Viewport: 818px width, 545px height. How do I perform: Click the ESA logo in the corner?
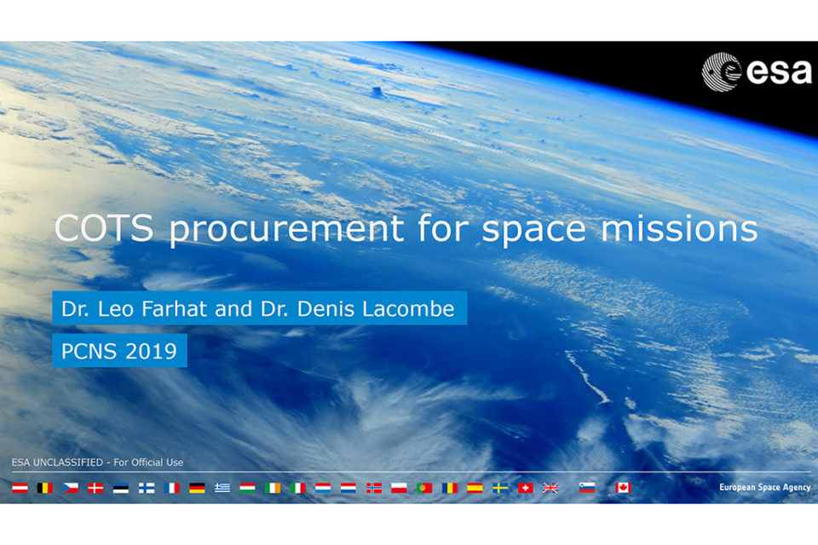757,72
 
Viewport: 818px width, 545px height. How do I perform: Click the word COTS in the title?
104,227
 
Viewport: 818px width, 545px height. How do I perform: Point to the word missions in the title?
679,227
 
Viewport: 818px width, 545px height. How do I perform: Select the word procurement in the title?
286,229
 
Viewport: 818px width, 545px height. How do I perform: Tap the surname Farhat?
174,309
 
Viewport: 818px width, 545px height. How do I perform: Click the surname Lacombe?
408,309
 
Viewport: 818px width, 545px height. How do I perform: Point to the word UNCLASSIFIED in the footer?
68,462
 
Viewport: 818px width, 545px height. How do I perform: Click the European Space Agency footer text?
765,487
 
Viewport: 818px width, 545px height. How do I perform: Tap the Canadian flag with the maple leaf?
623,488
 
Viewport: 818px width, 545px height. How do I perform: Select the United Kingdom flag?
550,488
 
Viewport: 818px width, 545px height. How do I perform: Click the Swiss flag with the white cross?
526,488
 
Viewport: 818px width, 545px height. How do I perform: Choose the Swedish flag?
500,488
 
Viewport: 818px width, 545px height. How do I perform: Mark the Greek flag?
222,488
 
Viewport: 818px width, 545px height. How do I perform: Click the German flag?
197,488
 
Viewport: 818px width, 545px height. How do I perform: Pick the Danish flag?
95,488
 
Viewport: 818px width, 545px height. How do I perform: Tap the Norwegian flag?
373,488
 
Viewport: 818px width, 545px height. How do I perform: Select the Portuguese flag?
424,488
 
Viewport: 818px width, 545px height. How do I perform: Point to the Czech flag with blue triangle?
71,488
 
